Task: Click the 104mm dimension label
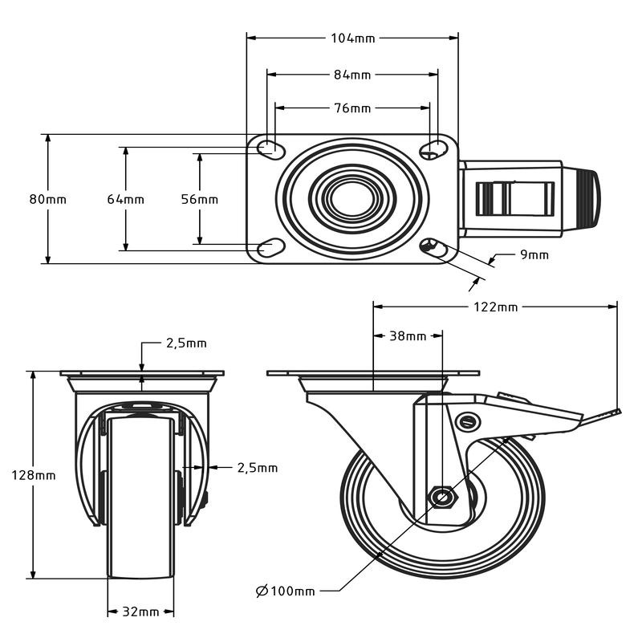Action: coord(352,38)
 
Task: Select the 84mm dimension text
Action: coord(352,75)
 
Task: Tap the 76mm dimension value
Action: coord(352,108)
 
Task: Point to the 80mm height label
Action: coord(47,199)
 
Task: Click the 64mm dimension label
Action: coord(125,199)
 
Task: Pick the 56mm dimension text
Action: coord(199,199)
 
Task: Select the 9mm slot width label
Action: coord(534,255)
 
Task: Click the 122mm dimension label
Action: coord(496,307)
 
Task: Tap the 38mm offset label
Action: coord(408,336)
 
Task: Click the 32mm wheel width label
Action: coord(140,612)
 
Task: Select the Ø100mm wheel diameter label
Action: coord(286,591)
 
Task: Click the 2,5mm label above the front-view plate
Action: coord(186,343)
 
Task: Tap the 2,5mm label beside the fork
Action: coord(257,467)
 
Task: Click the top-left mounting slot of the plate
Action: coord(269,147)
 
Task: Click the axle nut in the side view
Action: coord(441,498)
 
